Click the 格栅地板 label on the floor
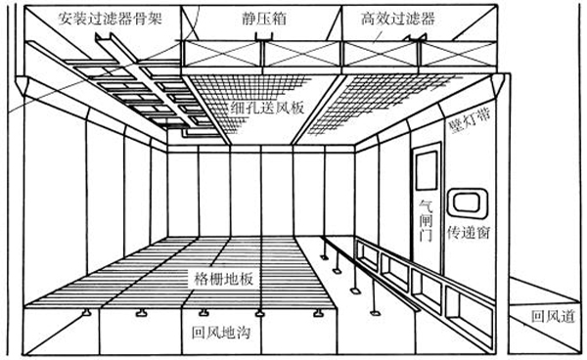225,279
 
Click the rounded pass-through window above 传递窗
465,204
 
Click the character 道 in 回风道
566,317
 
